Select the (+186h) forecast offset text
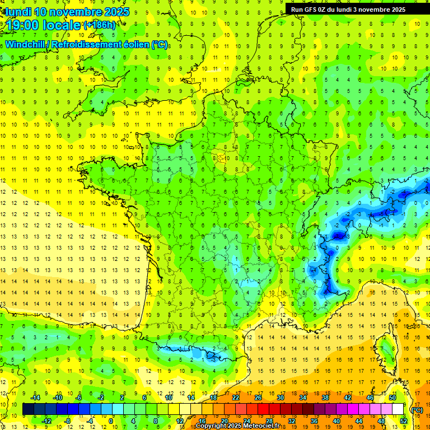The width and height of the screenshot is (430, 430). coord(99,25)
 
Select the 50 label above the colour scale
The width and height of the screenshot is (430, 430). coord(392,398)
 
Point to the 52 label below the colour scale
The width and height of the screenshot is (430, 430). coord(404,422)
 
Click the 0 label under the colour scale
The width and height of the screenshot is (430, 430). coord(110,422)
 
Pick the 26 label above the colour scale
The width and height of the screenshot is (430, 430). coord(258,398)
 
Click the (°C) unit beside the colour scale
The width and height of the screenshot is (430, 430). coord(417,410)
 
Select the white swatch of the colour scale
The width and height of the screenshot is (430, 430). coord(398,409)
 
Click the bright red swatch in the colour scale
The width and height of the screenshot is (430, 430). coord(264,409)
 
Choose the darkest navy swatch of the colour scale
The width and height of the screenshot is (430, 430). coord(29,409)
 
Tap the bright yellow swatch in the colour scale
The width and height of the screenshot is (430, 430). coord(174,409)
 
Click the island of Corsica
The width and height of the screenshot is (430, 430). coord(386,350)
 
